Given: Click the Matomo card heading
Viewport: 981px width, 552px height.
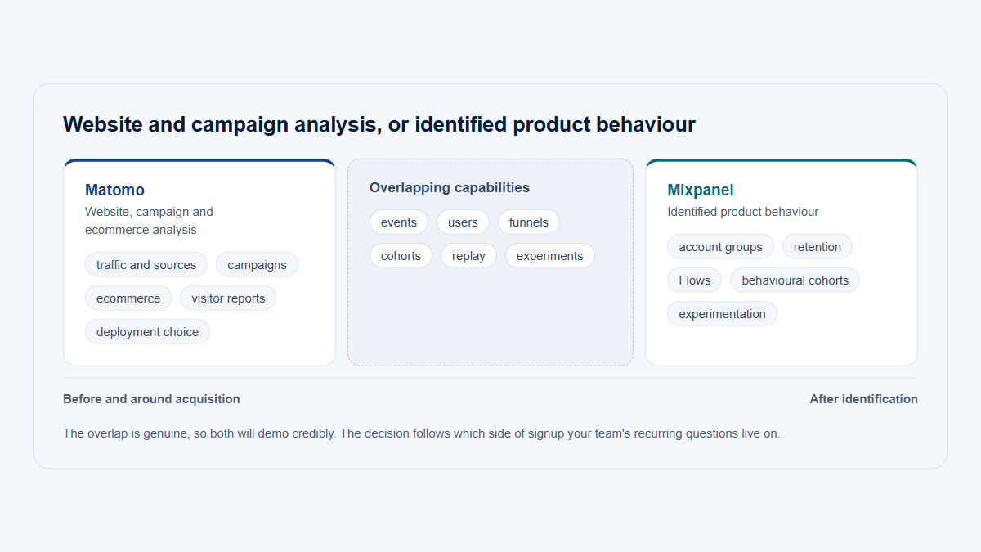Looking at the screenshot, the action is (x=114, y=190).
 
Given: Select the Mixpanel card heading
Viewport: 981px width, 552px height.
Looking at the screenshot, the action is (x=701, y=190).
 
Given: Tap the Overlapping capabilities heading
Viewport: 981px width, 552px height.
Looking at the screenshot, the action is (x=450, y=187).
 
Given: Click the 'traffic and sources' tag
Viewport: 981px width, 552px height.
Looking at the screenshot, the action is (x=146, y=265).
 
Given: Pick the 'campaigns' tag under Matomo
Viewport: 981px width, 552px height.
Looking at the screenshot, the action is (x=257, y=265).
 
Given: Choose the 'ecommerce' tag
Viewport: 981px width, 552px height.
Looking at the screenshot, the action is (x=128, y=298).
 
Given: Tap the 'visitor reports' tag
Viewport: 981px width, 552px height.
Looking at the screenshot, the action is (x=228, y=298).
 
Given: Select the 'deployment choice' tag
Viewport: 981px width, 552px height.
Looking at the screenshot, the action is (x=148, y=332).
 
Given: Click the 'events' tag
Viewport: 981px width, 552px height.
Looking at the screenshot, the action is (x=399, y=222).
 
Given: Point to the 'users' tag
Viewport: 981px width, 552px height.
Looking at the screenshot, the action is (x=463, y=222).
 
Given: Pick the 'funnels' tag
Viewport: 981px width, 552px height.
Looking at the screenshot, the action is (x=529, y=222).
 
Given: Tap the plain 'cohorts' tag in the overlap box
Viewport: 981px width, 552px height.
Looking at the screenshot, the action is (x=401, y=256).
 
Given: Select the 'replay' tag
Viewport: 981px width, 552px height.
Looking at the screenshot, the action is (x=468, y=256).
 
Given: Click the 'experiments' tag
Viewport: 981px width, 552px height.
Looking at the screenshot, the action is (x=550, y=256).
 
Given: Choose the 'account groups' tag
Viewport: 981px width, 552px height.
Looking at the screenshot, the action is (x=720, y=247).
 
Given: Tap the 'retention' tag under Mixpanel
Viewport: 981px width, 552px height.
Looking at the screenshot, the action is (x=817, y=247).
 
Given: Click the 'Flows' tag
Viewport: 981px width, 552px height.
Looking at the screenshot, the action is (x=695, y=280).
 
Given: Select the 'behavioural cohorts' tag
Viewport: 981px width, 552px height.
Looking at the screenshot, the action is (x=795, y=280).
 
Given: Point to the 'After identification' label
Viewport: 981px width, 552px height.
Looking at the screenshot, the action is (x=863, y=399).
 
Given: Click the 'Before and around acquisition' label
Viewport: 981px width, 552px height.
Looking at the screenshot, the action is (x=151, y=399).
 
